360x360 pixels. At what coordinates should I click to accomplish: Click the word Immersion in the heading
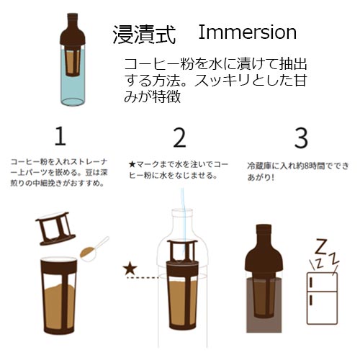(246, 32)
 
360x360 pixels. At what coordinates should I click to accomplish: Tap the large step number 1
(61, 137)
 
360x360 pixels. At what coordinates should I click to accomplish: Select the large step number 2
(179, 137)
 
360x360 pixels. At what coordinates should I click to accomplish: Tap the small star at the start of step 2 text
(132, 165)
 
